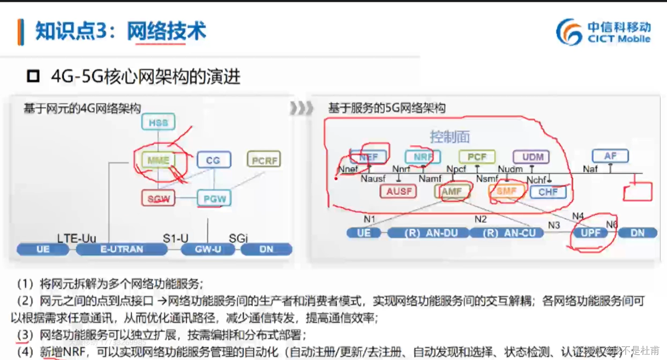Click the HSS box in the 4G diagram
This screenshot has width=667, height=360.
click(158, 122)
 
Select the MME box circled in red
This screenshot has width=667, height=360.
click(158, 160)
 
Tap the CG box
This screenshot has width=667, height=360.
click(213, 160)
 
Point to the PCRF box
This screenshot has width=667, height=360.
click(264, 160)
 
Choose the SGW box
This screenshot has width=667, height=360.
click(159, 198)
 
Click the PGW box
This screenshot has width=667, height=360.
click(214, 198)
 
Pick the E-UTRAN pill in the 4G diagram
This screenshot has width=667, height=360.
click(121, 249)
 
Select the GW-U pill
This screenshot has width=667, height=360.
click(208, 249)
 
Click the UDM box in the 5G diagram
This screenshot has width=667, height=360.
click(531, 157)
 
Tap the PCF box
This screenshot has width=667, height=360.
click(477, 157)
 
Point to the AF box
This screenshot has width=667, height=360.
click(610, 156)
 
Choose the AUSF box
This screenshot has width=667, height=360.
click(399, 191)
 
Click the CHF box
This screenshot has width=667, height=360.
click(547, 192)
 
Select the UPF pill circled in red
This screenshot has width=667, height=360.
click(590, 233)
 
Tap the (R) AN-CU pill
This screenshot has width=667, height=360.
click(506, 233)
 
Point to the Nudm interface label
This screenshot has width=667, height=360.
click(510, 169)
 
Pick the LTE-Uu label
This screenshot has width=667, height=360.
click(77, 238)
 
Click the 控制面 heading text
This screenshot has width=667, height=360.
click(450, 137)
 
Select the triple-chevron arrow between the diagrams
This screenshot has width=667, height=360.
click(302, 108)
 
